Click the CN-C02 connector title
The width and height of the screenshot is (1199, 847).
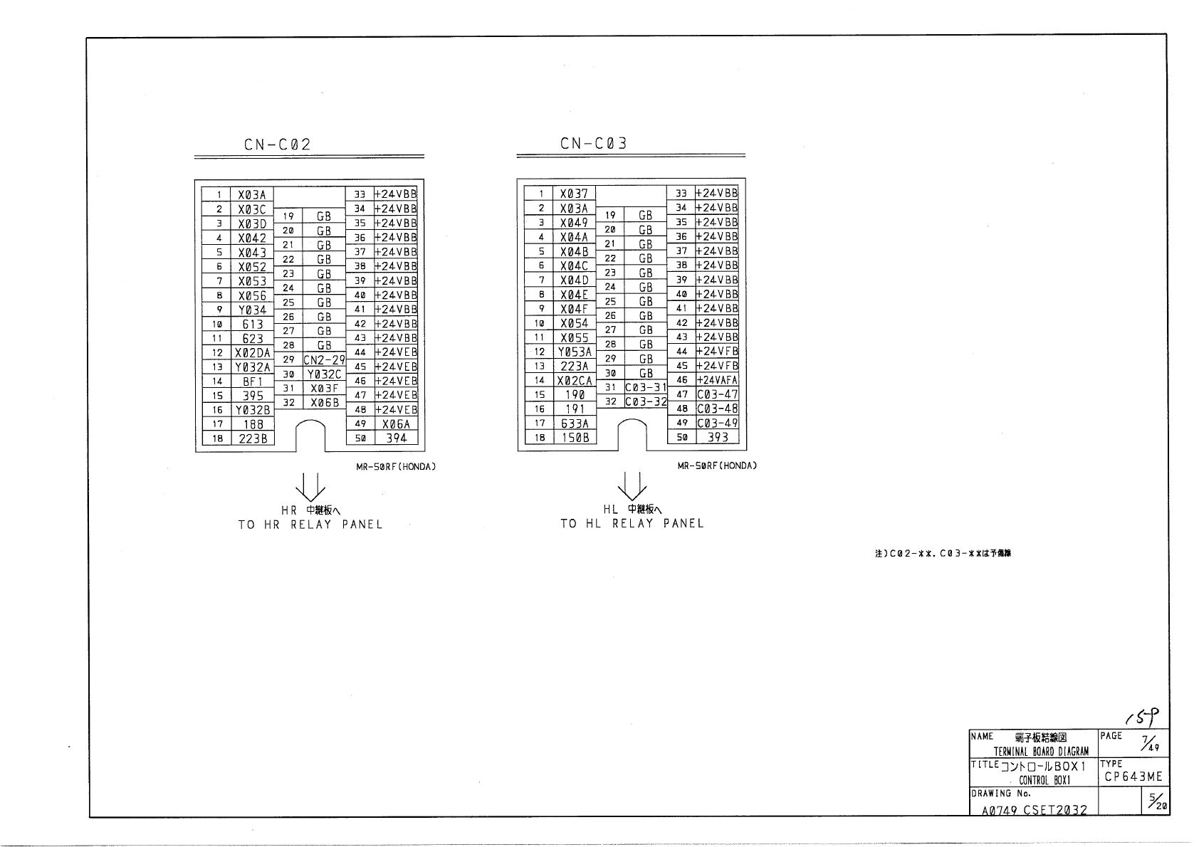click(x=277, y=144)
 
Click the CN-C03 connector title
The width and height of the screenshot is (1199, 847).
click(x=594, y=144)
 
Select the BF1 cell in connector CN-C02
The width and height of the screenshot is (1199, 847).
click(x=253, y=382)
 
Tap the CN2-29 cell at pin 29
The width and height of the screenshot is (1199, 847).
click(x=324, y=360)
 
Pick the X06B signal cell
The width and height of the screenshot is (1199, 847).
click(x=324, y=403)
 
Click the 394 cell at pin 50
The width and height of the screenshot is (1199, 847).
click(x=396, y=438)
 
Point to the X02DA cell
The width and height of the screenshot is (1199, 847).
click(x=253, y=353)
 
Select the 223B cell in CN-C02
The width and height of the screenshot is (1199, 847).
click(x=253, y=439)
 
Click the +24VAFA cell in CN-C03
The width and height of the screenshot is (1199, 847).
click(x=717, y=380)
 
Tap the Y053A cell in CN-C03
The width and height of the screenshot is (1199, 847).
click(x=575, y=352)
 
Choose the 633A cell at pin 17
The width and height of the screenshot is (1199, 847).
click(x=575, y=423)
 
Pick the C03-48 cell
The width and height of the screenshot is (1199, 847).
click(x=717, y=409)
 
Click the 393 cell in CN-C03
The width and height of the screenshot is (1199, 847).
click(x=717, y=437)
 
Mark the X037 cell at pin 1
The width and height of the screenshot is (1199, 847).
click(x=575, y=194)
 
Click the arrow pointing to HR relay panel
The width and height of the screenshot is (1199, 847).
click(x=311, y=487)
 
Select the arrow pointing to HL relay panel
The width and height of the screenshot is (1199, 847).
click(x=632, y=487)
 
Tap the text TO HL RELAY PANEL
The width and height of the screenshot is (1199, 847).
click(x=632, y=524)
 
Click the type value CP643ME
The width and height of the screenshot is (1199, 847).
click(x=1133, y=777)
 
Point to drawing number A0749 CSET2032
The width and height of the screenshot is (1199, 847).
click(x=1034, y=810)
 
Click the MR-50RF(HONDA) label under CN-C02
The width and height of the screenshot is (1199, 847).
click(x=396, y=467)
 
